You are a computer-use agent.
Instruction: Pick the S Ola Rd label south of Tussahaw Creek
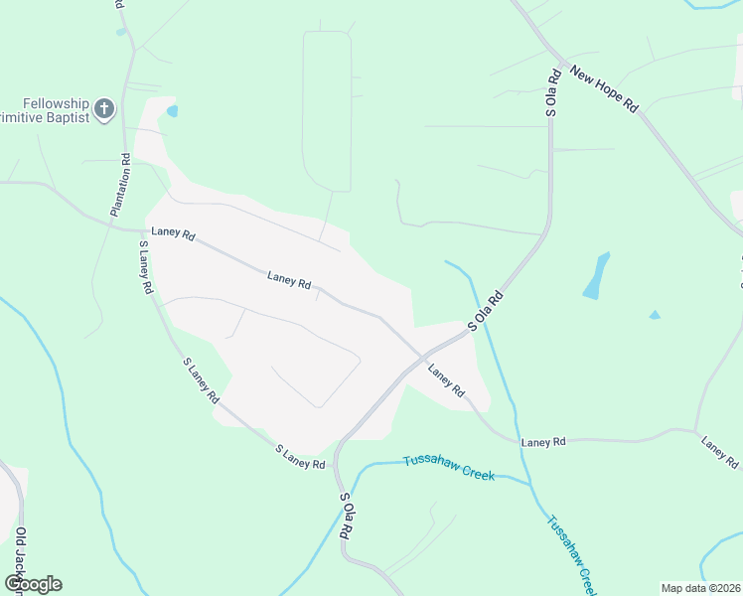[346, 516]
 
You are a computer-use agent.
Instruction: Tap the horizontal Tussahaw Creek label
[448, 467]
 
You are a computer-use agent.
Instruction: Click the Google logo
[34, 583]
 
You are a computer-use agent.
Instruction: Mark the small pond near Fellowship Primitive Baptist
[173, 110]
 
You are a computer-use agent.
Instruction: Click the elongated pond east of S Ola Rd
[596, 275]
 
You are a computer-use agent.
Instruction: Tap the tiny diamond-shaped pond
[654, 315]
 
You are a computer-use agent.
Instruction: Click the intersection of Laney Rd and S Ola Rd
[424, 357]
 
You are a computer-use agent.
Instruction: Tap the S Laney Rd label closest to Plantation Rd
[145, 267]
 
